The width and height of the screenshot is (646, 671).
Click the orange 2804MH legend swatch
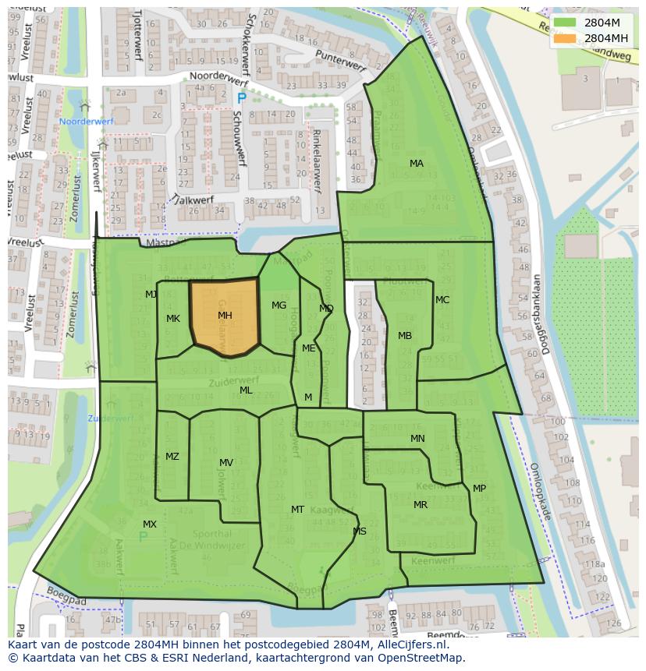566,38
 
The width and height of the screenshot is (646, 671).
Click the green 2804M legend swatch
566,23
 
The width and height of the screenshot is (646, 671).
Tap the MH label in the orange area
225,316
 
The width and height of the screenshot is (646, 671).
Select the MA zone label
417,164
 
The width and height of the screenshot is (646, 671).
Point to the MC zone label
442,300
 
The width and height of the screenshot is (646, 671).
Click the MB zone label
405,336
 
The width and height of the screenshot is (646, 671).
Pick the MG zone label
279,305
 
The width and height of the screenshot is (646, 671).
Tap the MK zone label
173,319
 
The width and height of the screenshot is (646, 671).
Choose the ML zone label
246,390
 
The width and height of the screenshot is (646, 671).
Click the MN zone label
417,439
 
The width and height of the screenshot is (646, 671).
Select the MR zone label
421,505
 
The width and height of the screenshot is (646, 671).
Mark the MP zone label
479,489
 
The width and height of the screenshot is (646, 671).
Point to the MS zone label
360,532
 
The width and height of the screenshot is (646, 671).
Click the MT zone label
297,510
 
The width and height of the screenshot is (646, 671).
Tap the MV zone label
226,463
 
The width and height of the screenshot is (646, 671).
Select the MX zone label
150,524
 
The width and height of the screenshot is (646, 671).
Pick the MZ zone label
172,457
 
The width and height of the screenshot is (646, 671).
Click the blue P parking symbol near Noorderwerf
241,98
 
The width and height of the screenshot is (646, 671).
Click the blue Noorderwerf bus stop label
87,122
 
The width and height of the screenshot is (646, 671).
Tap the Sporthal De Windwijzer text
211,540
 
